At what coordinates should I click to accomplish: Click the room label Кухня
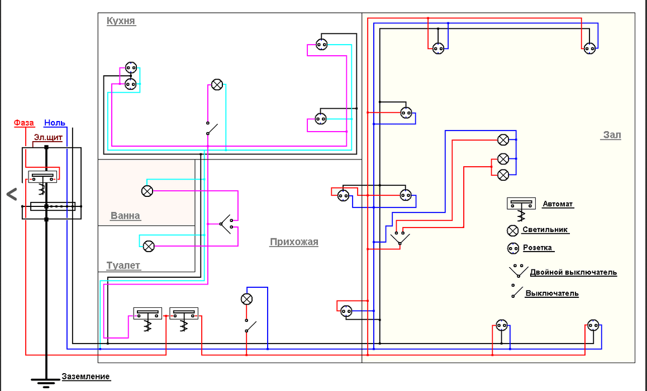(121, 21)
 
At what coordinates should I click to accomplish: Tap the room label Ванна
(125, 216)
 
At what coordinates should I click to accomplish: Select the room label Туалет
(123, 266)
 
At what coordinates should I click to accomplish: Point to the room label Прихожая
(294, 242)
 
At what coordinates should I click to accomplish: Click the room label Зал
(612, 135)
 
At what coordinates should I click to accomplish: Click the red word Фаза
(23, 123)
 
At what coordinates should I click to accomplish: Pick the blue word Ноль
(55, 123)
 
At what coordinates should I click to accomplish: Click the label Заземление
(86, 376)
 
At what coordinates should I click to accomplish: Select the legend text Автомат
(558, 204)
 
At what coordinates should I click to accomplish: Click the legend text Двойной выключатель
(573, 272)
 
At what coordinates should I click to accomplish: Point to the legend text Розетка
(539, 248)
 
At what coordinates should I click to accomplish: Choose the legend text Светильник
(545, 229)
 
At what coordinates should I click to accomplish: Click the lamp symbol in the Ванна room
(148, 191)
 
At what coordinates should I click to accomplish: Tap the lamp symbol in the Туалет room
(149, 245)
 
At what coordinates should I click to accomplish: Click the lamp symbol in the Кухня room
(217, 84)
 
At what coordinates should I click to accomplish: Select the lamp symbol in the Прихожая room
(246, 299)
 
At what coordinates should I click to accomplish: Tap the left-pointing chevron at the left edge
(11, 194)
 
